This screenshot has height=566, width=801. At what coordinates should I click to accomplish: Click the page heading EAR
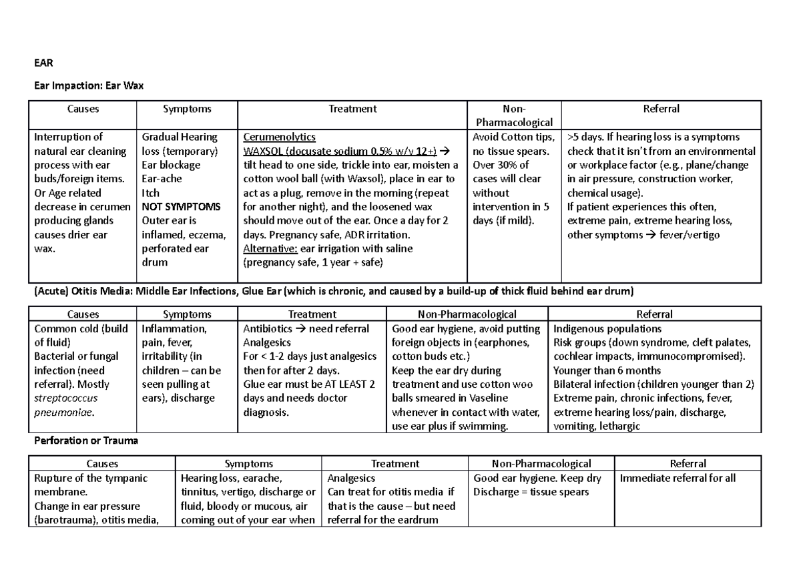point(43,64)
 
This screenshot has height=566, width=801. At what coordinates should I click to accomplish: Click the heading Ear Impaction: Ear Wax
point(89,86)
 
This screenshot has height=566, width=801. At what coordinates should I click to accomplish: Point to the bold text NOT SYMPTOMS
point(181,207)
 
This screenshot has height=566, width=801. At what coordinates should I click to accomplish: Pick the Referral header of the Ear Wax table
point(661,109)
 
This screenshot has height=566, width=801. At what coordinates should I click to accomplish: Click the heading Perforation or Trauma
point(85,441)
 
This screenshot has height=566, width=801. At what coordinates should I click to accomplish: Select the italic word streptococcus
point(65,398)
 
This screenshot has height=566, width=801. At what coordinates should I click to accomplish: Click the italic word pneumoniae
point(62,412)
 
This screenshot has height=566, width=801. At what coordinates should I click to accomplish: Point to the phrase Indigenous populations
point(607,328)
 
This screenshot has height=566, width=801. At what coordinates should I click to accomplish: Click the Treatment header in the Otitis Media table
point(312,314)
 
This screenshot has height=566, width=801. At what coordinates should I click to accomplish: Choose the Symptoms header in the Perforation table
point(248,464)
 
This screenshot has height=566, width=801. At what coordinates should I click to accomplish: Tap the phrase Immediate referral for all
point(678,478)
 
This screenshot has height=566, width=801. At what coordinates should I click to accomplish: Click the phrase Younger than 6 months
point(607,370)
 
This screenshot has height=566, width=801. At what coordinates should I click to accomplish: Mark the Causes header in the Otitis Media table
point(83,314)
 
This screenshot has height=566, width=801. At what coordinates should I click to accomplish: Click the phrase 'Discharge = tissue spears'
point(531,492)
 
